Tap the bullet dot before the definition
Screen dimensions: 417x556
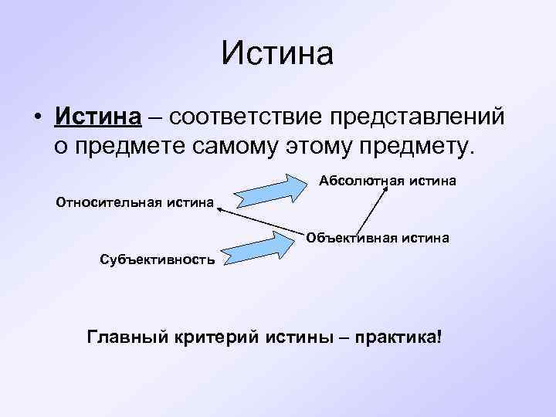tap(36, 118)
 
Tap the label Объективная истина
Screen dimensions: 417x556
tap(378, 238)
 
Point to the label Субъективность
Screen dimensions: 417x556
tap(158, 258)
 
